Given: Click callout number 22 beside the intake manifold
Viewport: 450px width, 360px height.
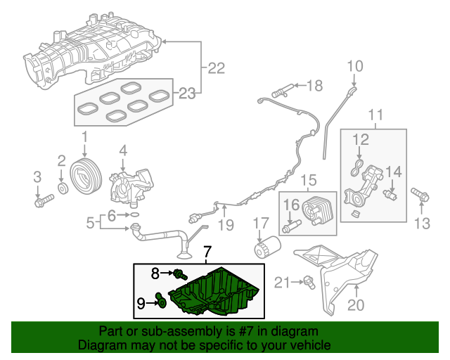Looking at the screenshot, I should tap(216, 68).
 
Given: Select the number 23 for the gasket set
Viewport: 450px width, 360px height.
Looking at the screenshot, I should tap(186, 92).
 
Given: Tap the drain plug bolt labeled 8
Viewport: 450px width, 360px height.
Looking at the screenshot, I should tap(180, 273).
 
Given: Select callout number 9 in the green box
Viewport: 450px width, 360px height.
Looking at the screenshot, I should tap(141, 303).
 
